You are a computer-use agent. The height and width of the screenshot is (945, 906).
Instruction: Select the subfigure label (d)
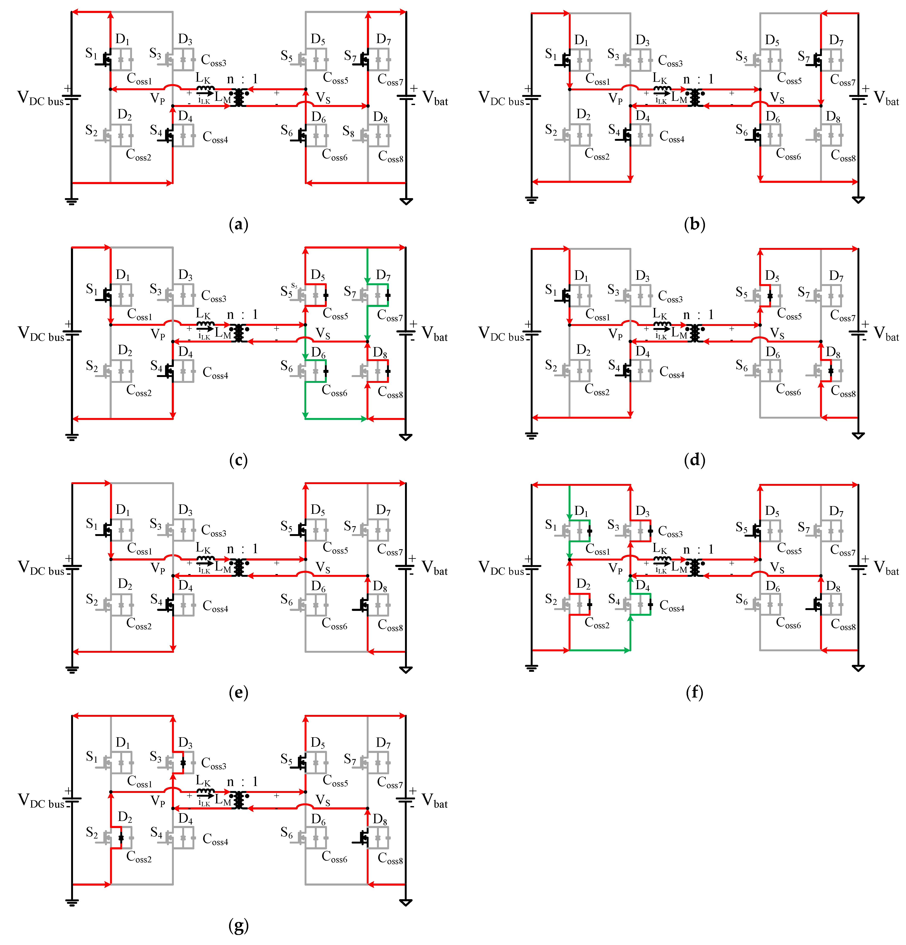pyautogui.click(x=694, y=460)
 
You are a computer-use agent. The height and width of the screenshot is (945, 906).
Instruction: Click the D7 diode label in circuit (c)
pyautogui.click(x=383, y=275)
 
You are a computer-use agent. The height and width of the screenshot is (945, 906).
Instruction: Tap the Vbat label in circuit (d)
pyautogui.click(x=886, y=334)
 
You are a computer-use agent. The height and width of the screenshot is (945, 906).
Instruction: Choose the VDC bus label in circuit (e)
pyautogui.click(x=41, y=568)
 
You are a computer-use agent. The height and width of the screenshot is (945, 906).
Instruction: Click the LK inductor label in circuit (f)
pyautogui.click(x=660, y=549)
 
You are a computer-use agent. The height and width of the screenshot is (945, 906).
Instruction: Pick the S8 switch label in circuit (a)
pyautogui.click(x=348, y=131)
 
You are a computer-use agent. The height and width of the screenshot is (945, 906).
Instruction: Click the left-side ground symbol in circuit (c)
pyautogui.click(x=72, y=437)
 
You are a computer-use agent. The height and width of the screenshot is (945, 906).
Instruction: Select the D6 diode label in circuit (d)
pyautogui.click(x=773, y=353)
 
